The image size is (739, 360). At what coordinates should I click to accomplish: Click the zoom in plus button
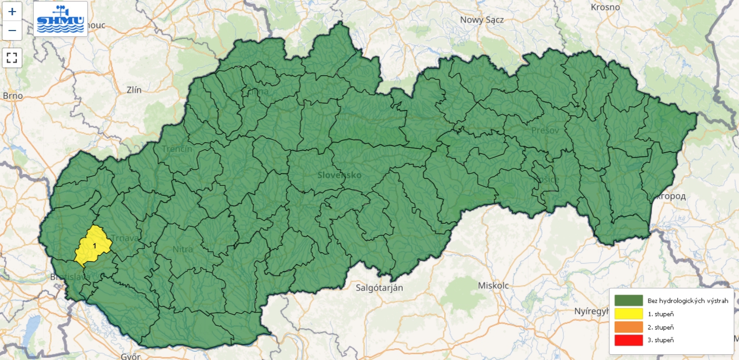12,12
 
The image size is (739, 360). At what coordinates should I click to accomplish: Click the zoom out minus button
12,31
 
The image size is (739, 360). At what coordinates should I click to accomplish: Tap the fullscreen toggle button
12,57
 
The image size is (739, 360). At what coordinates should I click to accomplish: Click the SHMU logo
61,18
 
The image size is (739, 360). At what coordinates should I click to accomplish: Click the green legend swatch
628,301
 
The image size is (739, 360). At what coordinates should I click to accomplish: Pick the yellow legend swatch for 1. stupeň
628,314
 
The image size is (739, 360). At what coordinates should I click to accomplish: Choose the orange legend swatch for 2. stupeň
628,327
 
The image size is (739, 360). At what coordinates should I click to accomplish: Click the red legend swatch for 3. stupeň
628,340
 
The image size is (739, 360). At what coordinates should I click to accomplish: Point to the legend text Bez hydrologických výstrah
688,301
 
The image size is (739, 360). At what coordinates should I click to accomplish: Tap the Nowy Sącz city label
482,20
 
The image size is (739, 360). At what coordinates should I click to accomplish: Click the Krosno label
605,7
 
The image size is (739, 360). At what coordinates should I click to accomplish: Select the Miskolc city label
493,285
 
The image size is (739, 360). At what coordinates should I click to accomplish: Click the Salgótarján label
379,288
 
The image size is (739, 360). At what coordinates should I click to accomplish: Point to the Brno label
13,96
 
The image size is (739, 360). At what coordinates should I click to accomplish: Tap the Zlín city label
134,90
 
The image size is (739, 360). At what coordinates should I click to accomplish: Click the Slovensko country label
339,175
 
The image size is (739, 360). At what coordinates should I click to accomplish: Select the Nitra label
183,249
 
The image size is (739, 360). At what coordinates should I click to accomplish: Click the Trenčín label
177,149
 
